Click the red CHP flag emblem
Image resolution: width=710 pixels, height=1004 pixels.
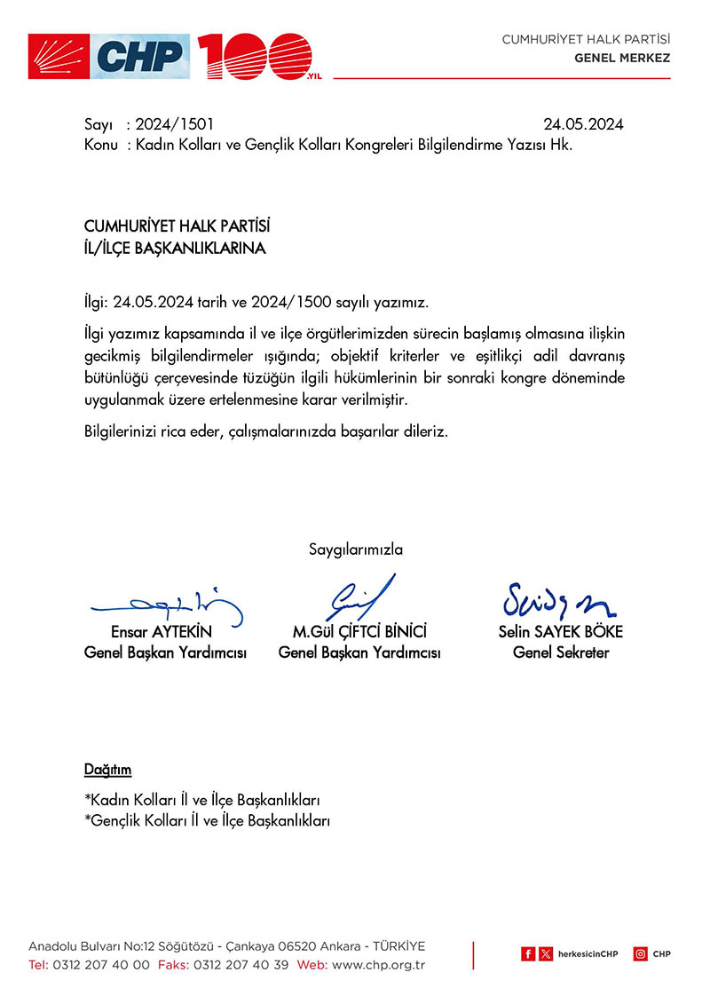pyautogui.click(x=59, y=57)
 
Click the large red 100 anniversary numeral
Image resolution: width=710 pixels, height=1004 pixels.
pyautogui.click(x=254, y=57)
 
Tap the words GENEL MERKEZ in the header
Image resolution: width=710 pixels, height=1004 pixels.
pyautogui.click(x=622, y=59)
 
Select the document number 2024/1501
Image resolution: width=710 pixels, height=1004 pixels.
pyautogui.click(x=175, y=125)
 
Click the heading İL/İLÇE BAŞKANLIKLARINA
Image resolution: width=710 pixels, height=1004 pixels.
pyautogui.click(x=174, y=249)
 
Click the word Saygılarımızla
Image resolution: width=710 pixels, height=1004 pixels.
pyautogui.click(x=355, y=549)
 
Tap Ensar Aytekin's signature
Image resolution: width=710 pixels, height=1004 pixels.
pyautogui.click(x=169, y=605)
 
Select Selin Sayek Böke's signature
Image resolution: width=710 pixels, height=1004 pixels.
pyautogui.click(x=559, y=602)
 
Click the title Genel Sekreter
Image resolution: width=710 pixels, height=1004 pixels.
pyautogui.click(x=561, y=653)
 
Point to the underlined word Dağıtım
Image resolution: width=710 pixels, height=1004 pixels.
pyautogui.click(x=107, y=770)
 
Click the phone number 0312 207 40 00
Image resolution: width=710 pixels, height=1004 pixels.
pyautogui.click(x=101, y=965)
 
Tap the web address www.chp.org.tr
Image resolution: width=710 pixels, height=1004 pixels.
pyautogui.click(x=379, y=965)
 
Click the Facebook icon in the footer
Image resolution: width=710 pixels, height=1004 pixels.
pyautogui.click(x=528, y=954)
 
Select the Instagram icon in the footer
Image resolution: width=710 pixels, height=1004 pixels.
pyautogui.click(x=640, y=954)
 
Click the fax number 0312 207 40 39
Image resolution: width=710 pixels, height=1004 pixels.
pyautogui.click(x=241, y=965)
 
